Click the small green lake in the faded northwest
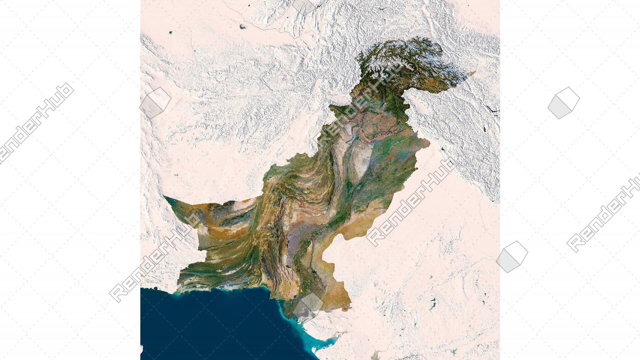171,32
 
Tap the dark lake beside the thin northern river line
242,27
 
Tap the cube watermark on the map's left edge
155,103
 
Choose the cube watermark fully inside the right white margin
563,103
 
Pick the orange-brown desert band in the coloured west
227,230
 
